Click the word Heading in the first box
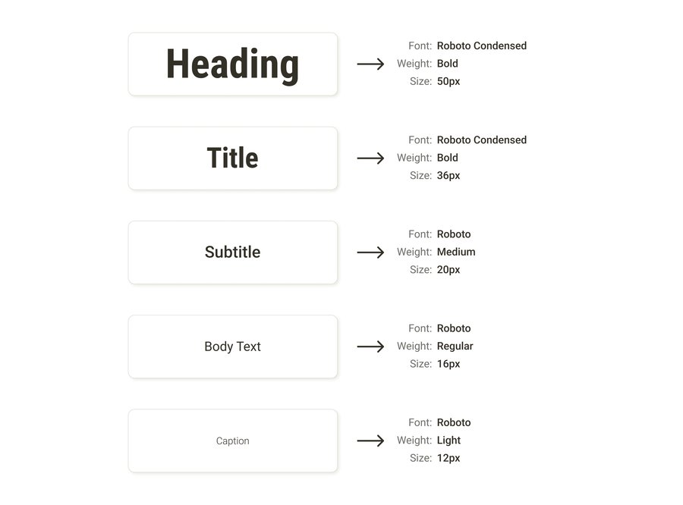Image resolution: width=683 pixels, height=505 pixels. [233, 65]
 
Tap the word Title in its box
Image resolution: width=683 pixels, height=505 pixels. [233, 158]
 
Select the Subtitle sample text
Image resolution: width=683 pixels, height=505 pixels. [233, 252]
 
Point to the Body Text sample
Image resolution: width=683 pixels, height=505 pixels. [233, 347]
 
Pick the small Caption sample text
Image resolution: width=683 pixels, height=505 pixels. [233, 441]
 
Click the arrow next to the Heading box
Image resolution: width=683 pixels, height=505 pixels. [370, 64]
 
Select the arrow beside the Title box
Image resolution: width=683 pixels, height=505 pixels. [370, 158]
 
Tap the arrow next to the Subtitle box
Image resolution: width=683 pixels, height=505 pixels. [370, 252]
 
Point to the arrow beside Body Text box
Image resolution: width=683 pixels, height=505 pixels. [370, 347]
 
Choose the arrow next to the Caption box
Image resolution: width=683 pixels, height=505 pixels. [370, 441]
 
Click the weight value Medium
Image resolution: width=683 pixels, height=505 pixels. [456, 252]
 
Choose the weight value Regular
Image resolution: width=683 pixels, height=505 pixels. [455, 347]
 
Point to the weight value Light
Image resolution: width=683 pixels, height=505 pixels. [449, 441]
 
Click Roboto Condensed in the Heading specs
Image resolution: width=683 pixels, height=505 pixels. [482, 45]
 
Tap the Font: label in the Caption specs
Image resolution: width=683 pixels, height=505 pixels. [420, 422]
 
